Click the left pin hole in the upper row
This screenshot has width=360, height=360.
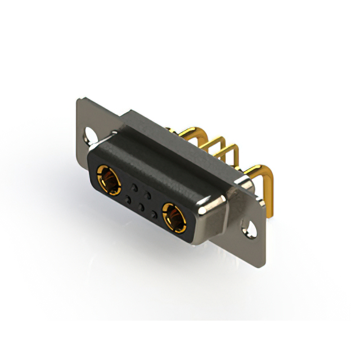click(x=134, y=185)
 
